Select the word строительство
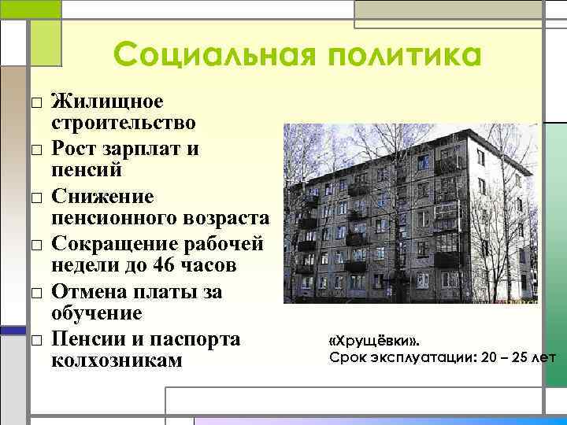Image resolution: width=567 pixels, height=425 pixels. pos(124,123)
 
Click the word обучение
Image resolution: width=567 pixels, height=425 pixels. pos(97,312)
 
